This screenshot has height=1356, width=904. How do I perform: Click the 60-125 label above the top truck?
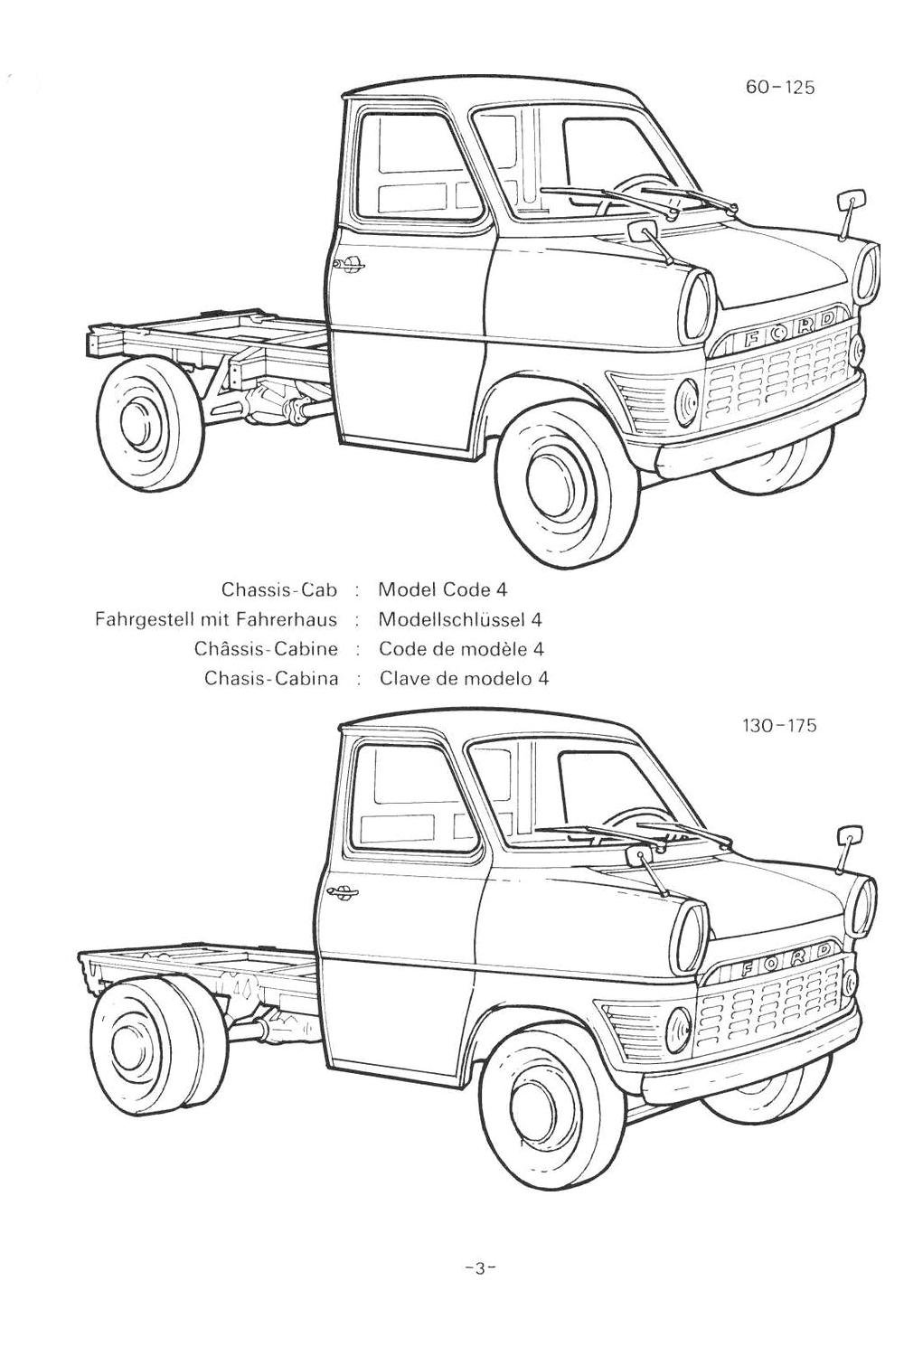(x=780, y=88)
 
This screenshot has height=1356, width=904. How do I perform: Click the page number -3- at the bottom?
(x=475, y=1267)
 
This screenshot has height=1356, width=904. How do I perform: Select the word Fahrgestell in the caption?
(x=137, y=619)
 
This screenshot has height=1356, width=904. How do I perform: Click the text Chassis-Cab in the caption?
(x=279, y=590)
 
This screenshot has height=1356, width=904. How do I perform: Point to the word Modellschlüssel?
(x=452, y=619)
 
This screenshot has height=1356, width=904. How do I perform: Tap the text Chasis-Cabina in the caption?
(x=271, y=678)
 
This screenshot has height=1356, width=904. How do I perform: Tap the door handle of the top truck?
(x=347, y=264)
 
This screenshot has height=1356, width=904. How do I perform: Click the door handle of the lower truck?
(x=341, y=893)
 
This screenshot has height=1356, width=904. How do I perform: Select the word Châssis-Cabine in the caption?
(x=266, y=649)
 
